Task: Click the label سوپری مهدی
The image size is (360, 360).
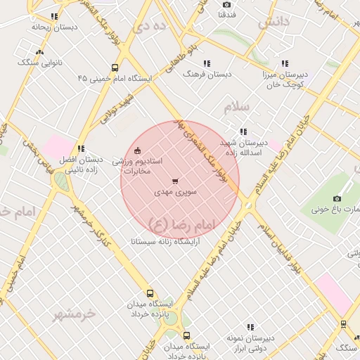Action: pos(175,191)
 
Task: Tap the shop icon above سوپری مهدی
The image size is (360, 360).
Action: pos(175,181)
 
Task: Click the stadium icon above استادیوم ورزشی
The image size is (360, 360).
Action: pos(137,150)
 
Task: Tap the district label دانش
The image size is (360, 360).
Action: pos(274,22)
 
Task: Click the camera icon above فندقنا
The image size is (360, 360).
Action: pos(227,5)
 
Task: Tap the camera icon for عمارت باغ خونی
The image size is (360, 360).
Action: pos(337,199)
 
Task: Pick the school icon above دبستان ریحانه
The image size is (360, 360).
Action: pos(54,16)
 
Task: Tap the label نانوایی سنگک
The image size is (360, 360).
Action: pos(40,63)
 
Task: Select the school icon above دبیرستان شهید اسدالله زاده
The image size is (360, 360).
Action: pos(243,131)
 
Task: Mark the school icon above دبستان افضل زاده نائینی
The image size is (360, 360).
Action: pos(82,148)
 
